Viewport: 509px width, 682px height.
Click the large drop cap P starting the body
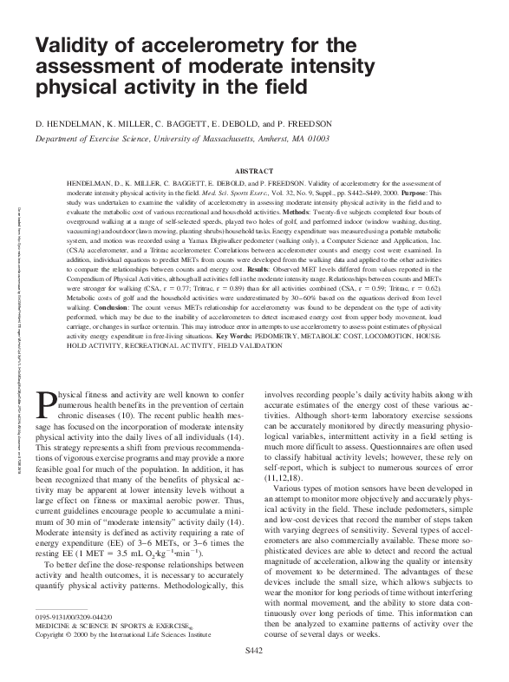[x=46, y=403]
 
